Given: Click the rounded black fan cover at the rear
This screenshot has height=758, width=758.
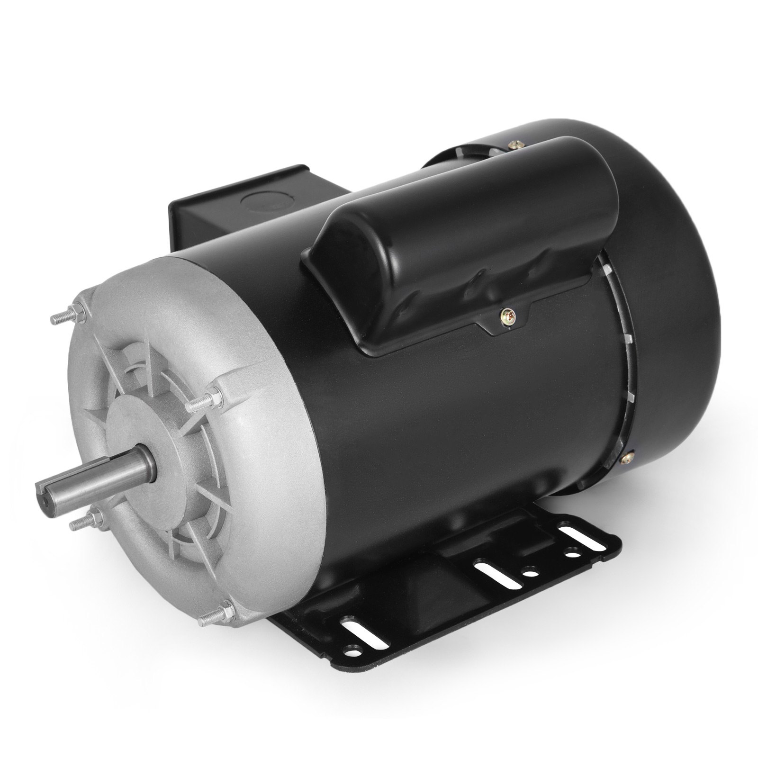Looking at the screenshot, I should coord(673,294).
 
